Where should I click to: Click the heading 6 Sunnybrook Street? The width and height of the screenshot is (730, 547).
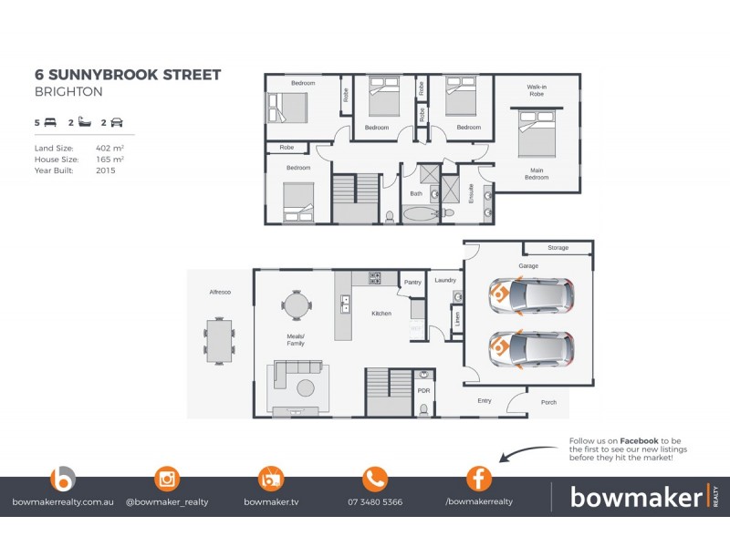click(x=127, y=75)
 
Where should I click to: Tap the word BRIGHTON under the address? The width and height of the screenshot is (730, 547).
click(x=68, y=92)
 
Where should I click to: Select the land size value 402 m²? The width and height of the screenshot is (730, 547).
click(x=109, y=147)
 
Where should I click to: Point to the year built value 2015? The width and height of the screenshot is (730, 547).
click(x=105, y=170)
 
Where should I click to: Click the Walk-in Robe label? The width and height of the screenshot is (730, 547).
click(x=536, y=90)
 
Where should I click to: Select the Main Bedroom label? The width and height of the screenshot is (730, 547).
click(x=536, y=173)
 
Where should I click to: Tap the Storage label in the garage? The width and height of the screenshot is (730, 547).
click(x=558, y=247)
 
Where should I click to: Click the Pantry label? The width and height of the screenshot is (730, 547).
click(x=412, y=283)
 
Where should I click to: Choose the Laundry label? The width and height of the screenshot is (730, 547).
click(x=445, y=280)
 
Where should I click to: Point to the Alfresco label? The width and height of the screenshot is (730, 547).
click(x=219, y=291)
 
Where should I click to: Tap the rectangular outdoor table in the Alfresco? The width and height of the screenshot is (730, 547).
click(x=219, y=339)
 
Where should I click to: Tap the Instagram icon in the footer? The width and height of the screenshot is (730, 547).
click(x=167, y=479)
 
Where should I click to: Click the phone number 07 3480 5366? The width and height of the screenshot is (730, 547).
click(x=375, y=502)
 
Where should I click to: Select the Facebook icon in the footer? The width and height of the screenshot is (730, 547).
click(x=479, y=479)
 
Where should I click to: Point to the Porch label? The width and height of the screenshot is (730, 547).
click(x=548, y=401)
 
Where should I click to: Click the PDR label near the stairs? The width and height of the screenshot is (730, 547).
click(x=423, y=390)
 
